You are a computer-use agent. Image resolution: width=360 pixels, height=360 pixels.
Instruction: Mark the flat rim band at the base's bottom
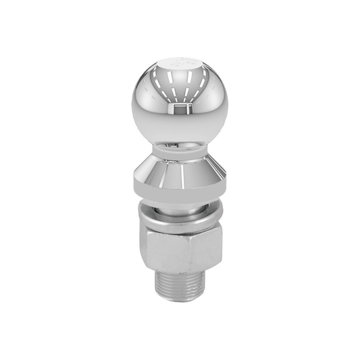tap(180, 195)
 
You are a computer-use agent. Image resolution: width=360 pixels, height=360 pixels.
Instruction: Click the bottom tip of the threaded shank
tap(179, 300)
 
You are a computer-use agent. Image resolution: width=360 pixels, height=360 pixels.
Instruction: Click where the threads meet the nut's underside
tap(179, 273)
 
